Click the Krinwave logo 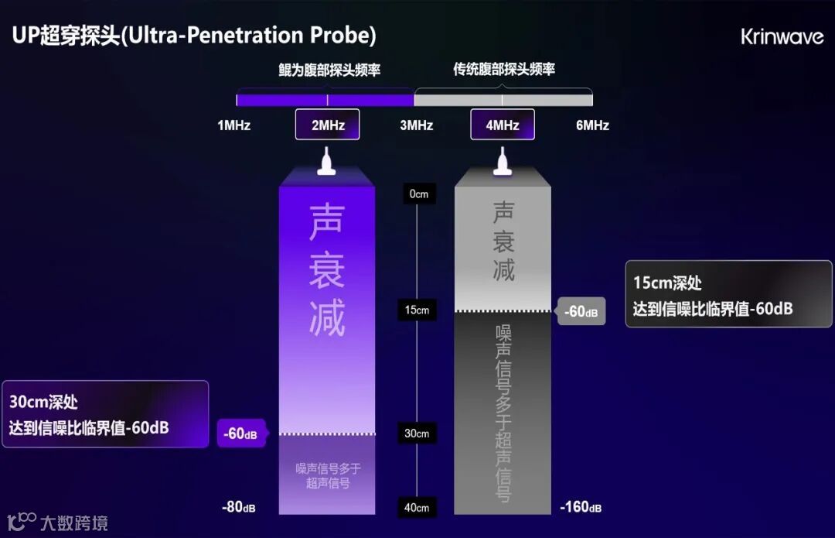(x=782, y=36)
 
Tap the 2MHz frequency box (x=327, y=125)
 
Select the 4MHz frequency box (x=503, y=125)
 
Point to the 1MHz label (x=233, y=125)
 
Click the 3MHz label (x=416, y=125)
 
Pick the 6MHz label (x=592, y=125)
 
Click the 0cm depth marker (x=417, y=194)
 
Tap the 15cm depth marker (x=417, y=310)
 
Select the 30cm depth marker (x=417, y=433)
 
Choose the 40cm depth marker (x=417, y=508)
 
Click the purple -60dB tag (x=240, y=434)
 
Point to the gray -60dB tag (x=580, y=312)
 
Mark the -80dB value (x=238, y=508)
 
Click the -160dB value (x=581, y=508)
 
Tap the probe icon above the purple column (x=327, y=163)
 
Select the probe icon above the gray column (x=503, y=163)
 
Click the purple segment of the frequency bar (x=325, y=99)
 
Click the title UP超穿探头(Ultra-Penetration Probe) (x=194, y=36)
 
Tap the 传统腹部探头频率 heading (x=504, y=70)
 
